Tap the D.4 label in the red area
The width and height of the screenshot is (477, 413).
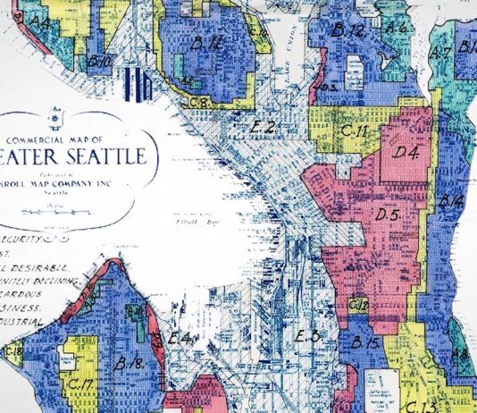pyautogui.click(x=406, y=152)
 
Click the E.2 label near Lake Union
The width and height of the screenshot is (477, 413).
pyautogui.click(x=262, y=128)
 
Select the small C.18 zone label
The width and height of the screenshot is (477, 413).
pyautogui.click(x=16, y=350)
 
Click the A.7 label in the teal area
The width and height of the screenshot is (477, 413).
pyautogui.click(x=439, y=53)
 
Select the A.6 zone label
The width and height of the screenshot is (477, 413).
pyautogui.click(x=398, y=28)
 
